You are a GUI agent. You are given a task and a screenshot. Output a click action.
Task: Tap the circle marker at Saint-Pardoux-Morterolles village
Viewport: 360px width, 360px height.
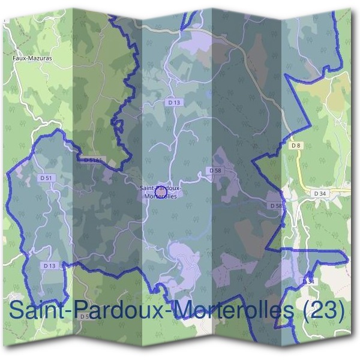click(x=160, y=193)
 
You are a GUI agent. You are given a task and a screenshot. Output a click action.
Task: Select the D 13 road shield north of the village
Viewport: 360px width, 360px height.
click(x=174, y=103)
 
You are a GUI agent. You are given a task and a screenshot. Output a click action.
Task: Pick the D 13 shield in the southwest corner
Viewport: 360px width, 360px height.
click(x=49, y=265)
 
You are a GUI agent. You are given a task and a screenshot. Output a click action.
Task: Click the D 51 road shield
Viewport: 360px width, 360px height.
click(x=46, y=178)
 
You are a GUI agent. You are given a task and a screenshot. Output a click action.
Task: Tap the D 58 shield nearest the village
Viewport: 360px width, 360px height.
click(x=215, y=171)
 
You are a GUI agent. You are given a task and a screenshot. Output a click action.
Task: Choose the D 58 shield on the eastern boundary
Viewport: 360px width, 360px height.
click(x=276, y=206)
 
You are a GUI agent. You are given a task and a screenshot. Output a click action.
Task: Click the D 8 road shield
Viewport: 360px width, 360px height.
click(x=295, y=146)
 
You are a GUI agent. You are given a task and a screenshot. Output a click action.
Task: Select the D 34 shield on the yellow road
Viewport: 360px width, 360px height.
click(x=320, y=193)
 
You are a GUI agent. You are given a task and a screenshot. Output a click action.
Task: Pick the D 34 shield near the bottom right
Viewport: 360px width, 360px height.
click(x=308, y=281)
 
